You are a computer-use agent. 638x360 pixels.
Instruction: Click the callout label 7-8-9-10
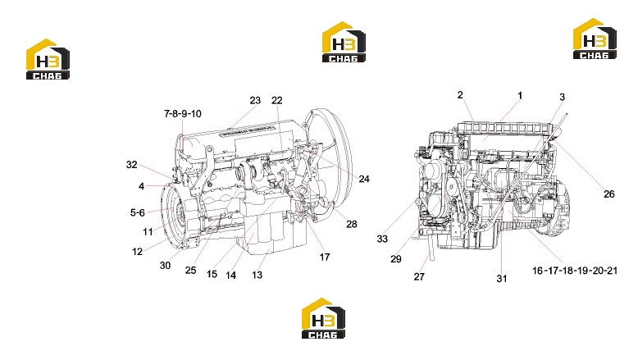click(x=183, y=114)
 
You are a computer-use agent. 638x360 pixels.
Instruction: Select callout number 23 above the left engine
click(x=255, y=101)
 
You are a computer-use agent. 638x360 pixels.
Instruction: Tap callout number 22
click(x=276, y=101)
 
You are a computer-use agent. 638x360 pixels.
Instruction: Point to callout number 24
click(x=364, y=179)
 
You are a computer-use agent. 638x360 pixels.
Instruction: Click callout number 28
click(x=352, y=224)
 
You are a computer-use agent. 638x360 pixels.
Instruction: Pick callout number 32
click(x=132, y=165)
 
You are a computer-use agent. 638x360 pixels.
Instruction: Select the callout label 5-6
click(x=138, y=212)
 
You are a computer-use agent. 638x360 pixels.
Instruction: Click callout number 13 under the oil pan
click(x=257, y=276)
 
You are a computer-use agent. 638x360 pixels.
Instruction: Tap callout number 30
click(x=165, y=266)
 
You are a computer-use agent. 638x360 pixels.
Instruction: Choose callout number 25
click(x=191, y=271)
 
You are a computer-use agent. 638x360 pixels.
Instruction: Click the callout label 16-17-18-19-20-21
click(x=575, y=271)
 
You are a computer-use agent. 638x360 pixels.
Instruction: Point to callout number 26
click(x=609, y=194)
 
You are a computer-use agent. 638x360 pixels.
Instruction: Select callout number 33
click(x=382, y=239)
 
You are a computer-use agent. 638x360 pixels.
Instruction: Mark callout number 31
click(x=502, y=279)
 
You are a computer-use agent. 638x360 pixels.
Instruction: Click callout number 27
click(x=419, y=277)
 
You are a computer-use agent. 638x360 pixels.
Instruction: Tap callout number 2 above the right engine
click(x=460, y=95)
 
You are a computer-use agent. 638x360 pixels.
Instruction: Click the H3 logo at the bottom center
click(x=323, y=318)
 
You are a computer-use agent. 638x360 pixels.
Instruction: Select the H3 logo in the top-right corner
click(x=595, y=39)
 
